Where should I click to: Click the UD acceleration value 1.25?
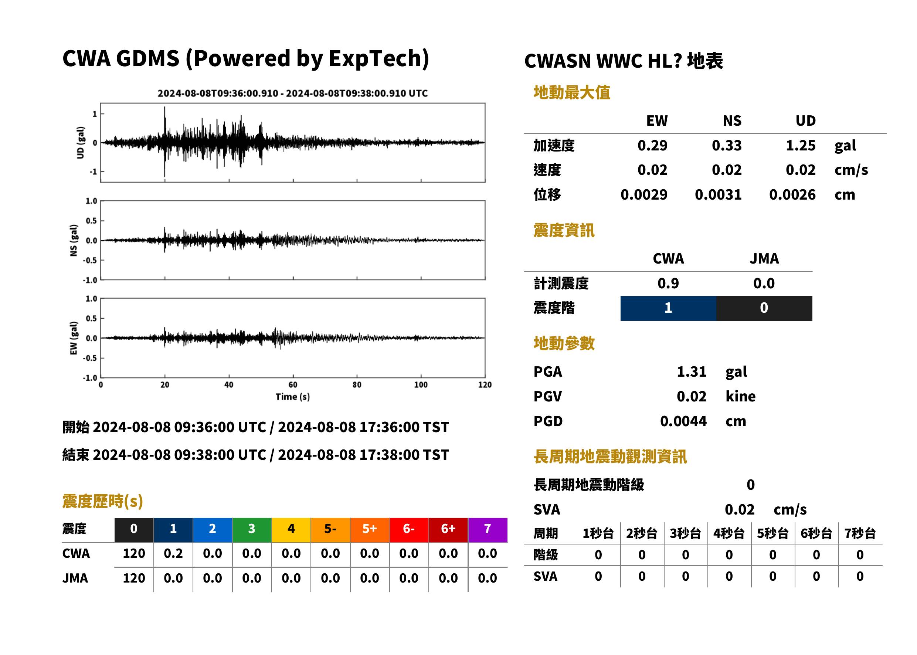tap(801, 146)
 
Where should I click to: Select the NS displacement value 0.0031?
tap(718, 195)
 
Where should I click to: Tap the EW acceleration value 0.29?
tap(652, 146)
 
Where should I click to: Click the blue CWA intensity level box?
tap(668, 308)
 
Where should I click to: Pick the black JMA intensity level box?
tap(764, 308)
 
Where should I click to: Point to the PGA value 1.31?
tap(692, 371)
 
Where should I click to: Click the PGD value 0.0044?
tap(683, 421)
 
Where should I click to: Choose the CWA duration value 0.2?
tap(173, 553)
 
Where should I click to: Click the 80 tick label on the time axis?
tap(357, 385)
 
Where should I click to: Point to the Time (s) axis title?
tap(293, 397)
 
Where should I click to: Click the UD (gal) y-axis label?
tap(81, 142)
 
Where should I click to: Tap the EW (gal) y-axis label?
tap(74, 338)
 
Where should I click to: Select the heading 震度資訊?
tap(564, 231)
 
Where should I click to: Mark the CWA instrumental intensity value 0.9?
tap(668, 284)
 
